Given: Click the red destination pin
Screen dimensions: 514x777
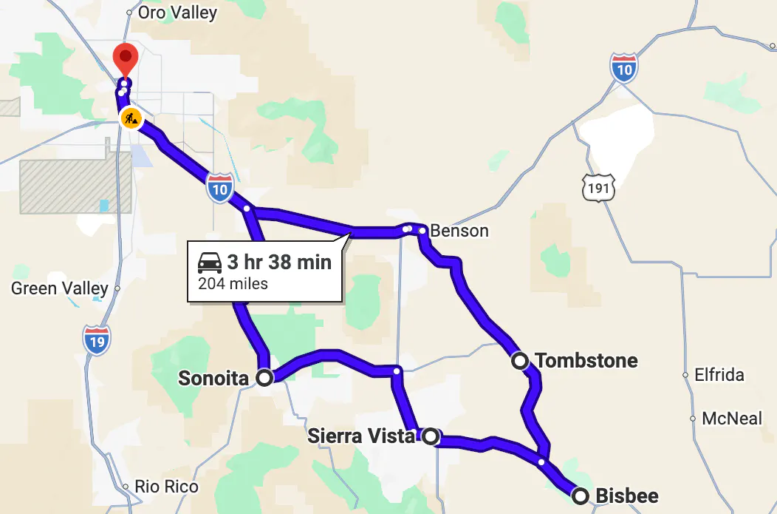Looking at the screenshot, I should (126, 58).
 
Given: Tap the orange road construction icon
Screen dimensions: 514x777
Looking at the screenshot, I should (131, 118).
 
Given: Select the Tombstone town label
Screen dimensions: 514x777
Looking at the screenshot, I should (586, 361).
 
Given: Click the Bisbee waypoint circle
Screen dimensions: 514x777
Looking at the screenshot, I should (581, 496).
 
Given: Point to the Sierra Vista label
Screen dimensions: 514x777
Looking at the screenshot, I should (361, 436).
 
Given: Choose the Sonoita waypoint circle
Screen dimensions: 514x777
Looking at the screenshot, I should (264, 378).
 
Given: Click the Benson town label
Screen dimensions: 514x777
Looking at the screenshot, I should (459, 231).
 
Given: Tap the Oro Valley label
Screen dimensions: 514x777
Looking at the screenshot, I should (177, 13).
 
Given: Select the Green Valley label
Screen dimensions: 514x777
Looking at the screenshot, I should (60, 288).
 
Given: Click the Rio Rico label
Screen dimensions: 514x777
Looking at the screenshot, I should (166, 487).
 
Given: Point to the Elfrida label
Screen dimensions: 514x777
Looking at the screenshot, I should (719, 375).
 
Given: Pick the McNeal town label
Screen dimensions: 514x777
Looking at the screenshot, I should (731, 419).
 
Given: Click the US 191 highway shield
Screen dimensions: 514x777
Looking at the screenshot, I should (598, 188).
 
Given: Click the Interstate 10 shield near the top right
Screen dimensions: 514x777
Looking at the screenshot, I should (624, 68).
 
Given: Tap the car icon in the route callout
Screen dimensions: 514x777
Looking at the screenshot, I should (210, 262).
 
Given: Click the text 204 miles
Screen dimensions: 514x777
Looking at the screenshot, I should (233, 283).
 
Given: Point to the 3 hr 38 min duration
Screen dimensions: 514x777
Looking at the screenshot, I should (278, 262).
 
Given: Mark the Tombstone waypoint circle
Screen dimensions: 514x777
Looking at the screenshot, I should (520, 361).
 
